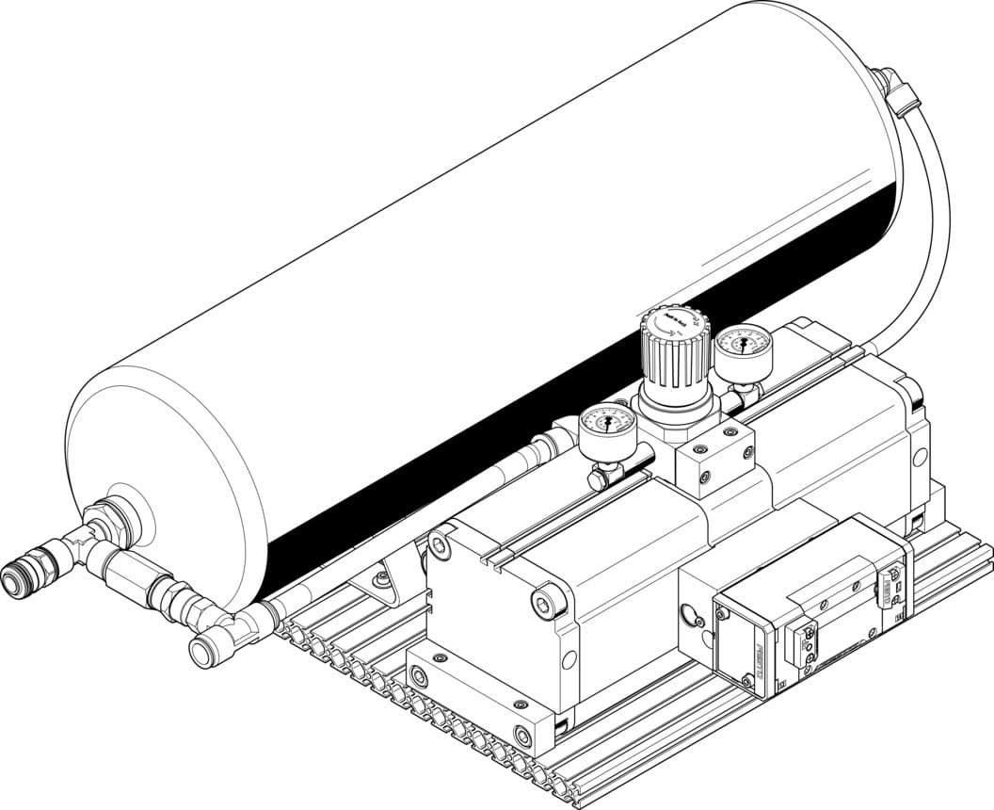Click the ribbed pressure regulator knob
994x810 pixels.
672,353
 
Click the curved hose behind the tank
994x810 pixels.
932,226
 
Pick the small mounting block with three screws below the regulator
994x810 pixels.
715,456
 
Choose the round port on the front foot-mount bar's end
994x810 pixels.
522,735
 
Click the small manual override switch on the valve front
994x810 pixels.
808,640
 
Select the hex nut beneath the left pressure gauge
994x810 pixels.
599,479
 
